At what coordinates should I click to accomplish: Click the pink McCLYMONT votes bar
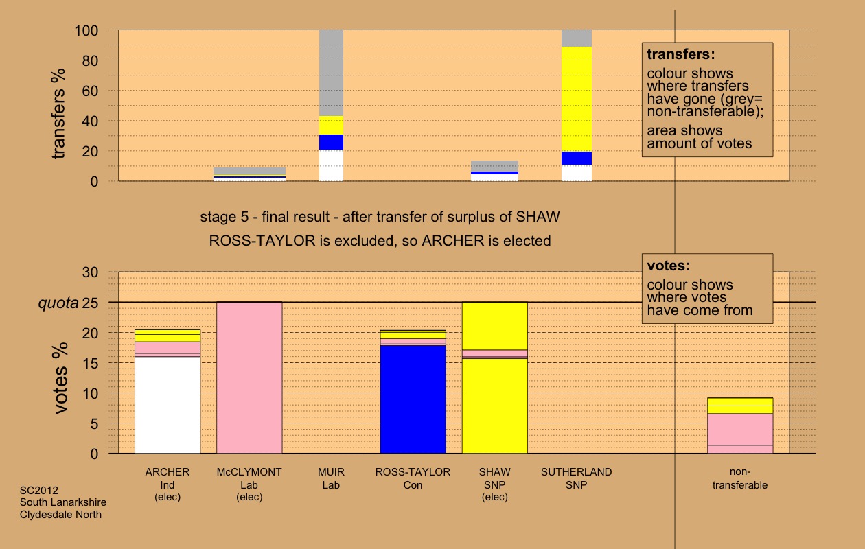click(249, 377)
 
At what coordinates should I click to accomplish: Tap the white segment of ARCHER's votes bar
click(168, 405)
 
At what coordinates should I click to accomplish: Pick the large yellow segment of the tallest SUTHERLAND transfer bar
click(577, 99)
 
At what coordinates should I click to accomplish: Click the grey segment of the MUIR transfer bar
click(331, 72)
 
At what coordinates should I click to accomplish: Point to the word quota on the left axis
click(58, 303)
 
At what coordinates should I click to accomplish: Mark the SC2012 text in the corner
click(39, 491)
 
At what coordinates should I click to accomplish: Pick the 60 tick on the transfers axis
click(94, 91)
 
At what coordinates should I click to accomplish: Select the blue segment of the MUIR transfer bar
click(331, 142)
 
